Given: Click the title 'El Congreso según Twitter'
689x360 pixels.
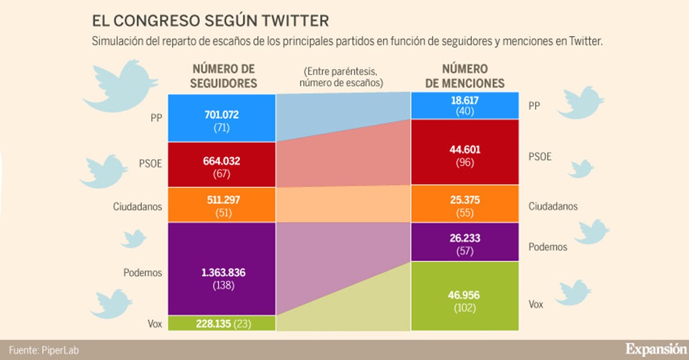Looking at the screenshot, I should (210, 21).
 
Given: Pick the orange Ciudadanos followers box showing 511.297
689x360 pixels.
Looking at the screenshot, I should (221, 205).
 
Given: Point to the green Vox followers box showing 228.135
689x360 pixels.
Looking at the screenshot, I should (221, 323).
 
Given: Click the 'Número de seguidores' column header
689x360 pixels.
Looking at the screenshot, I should (224, 76).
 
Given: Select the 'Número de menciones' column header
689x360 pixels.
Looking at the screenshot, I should (465, 76).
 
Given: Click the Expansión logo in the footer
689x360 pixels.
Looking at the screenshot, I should (655, 349).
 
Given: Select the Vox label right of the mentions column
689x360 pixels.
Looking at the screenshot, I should (535, 304).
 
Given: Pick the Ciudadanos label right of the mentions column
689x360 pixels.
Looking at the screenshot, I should (553, 206).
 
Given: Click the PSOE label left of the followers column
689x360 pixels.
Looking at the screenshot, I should (150, 162).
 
